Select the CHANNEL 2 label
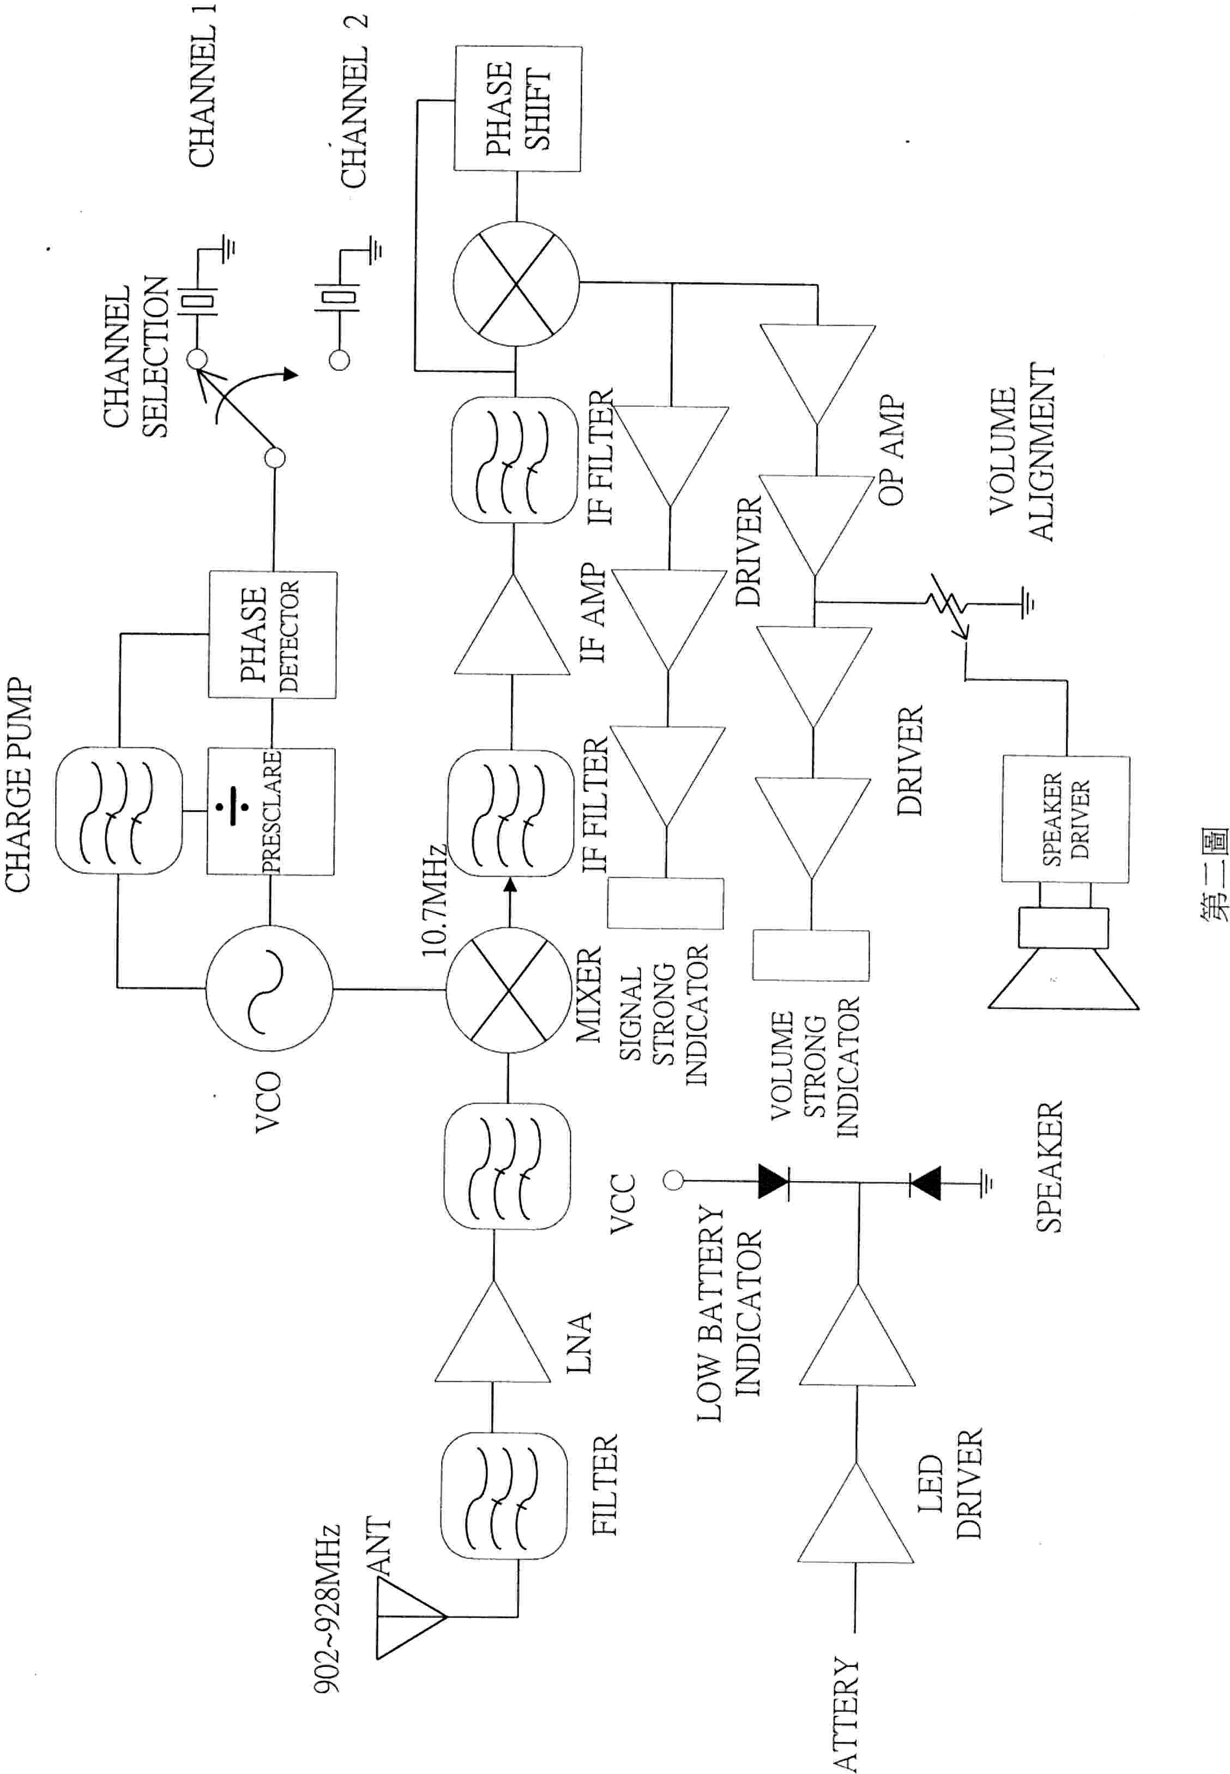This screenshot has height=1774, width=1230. tap(354, 100)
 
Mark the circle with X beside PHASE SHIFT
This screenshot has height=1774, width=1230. tap(516, 284)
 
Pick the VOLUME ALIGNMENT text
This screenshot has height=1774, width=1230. tap(1021, 452)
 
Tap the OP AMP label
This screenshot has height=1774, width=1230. tap(891, 452)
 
